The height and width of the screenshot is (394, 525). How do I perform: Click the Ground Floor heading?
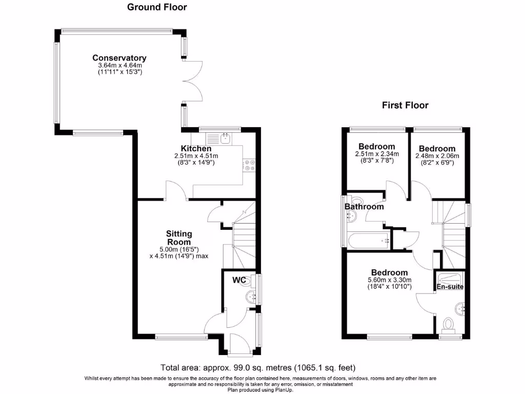[x=157, y=7]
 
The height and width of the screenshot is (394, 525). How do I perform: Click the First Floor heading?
[x=405, y=105]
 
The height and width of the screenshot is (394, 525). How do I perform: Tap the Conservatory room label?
[x=119, y=58]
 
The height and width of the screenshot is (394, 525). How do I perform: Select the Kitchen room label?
[x=196, y=148]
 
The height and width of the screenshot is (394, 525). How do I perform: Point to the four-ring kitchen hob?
[x=250, y=165]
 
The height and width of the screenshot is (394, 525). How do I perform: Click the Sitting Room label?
[x=179, y=238]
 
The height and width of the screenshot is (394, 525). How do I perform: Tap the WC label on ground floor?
[x=239, y=280]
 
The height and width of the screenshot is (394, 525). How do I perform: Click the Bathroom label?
[x=365, y=206]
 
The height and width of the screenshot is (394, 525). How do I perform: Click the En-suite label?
[x=450, y=286]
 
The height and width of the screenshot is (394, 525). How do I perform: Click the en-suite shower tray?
[x=450, y=279]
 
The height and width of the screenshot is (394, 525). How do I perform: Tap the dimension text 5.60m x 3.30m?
[x=390, y=280]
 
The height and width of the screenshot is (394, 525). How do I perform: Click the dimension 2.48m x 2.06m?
[x=437, y=156]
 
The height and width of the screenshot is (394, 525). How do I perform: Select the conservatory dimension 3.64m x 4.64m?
[x=120, y=65]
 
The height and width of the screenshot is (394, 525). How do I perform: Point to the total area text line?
[x=258, y=368]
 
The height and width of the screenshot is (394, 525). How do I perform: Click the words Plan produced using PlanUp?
[x=260, y=390]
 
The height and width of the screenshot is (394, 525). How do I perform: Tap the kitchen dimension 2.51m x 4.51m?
[x=196, y=156]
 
